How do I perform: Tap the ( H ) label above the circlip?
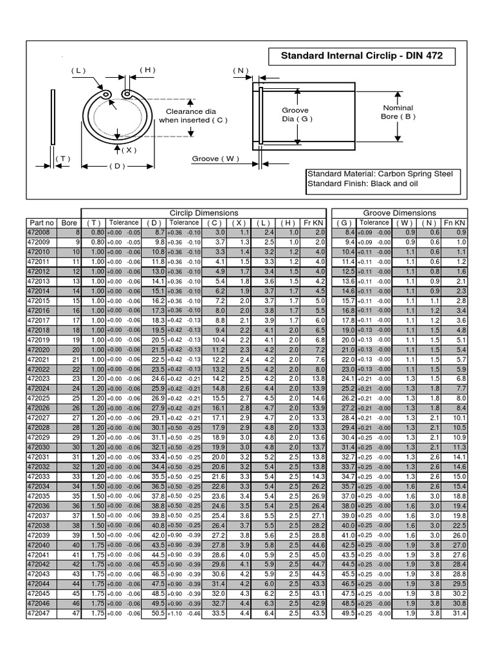tap(147, 70)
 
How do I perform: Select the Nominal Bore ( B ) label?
tap(398, 112)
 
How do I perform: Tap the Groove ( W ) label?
tap(215, 158)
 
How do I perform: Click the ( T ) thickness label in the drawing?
tap(62, 158)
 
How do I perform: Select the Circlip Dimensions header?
tap(203, 213)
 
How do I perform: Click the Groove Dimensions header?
tap(399, 213)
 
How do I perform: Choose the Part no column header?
tap(39, 223)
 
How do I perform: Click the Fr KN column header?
tap(314, 223)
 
